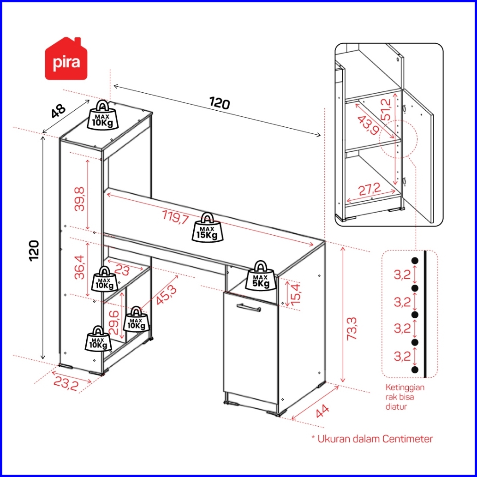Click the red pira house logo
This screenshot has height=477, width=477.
coord(66,59)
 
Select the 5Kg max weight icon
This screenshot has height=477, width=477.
coord(261,275)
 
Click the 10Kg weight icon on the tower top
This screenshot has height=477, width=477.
coord(103,115)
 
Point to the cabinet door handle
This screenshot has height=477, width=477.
coord(249,308)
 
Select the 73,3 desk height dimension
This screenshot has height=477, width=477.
coord(352,328)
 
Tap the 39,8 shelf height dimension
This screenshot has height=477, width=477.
coord(80,199)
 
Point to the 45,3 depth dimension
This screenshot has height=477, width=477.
coord(166,295)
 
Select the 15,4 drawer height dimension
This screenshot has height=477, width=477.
coord(296,294)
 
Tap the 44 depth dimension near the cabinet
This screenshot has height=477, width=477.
coord(322,411)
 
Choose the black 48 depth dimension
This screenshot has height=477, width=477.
coord(58,111)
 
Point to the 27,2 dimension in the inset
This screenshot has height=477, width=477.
coord(370,190)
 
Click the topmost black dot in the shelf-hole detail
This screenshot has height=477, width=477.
coord(415,260)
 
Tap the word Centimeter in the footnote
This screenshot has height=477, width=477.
coord(407,439)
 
